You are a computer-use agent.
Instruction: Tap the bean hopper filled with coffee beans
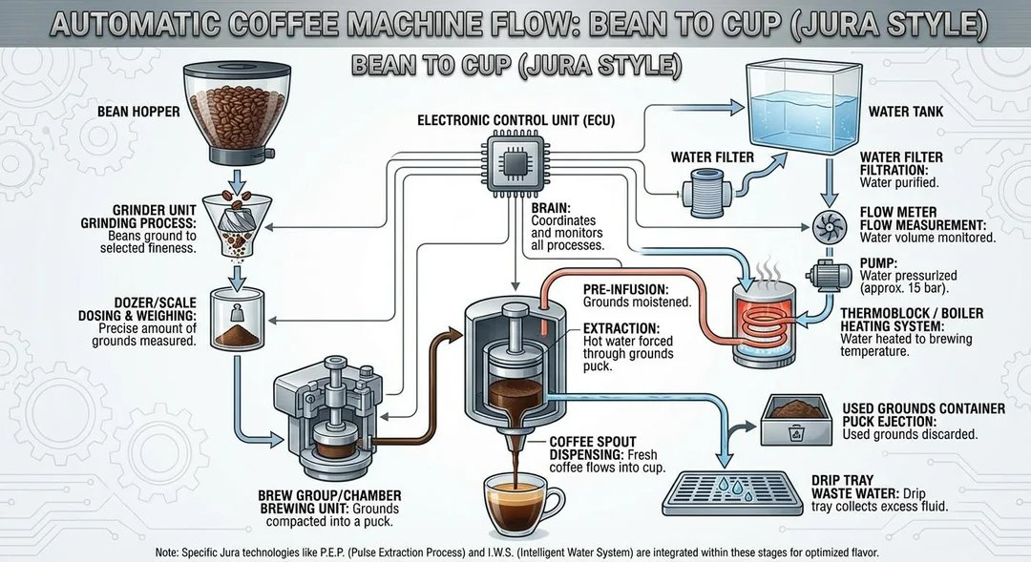coord(228,109)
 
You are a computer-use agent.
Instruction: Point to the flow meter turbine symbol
coord(828,227)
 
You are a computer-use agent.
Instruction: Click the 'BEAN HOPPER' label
coord(137,112)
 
